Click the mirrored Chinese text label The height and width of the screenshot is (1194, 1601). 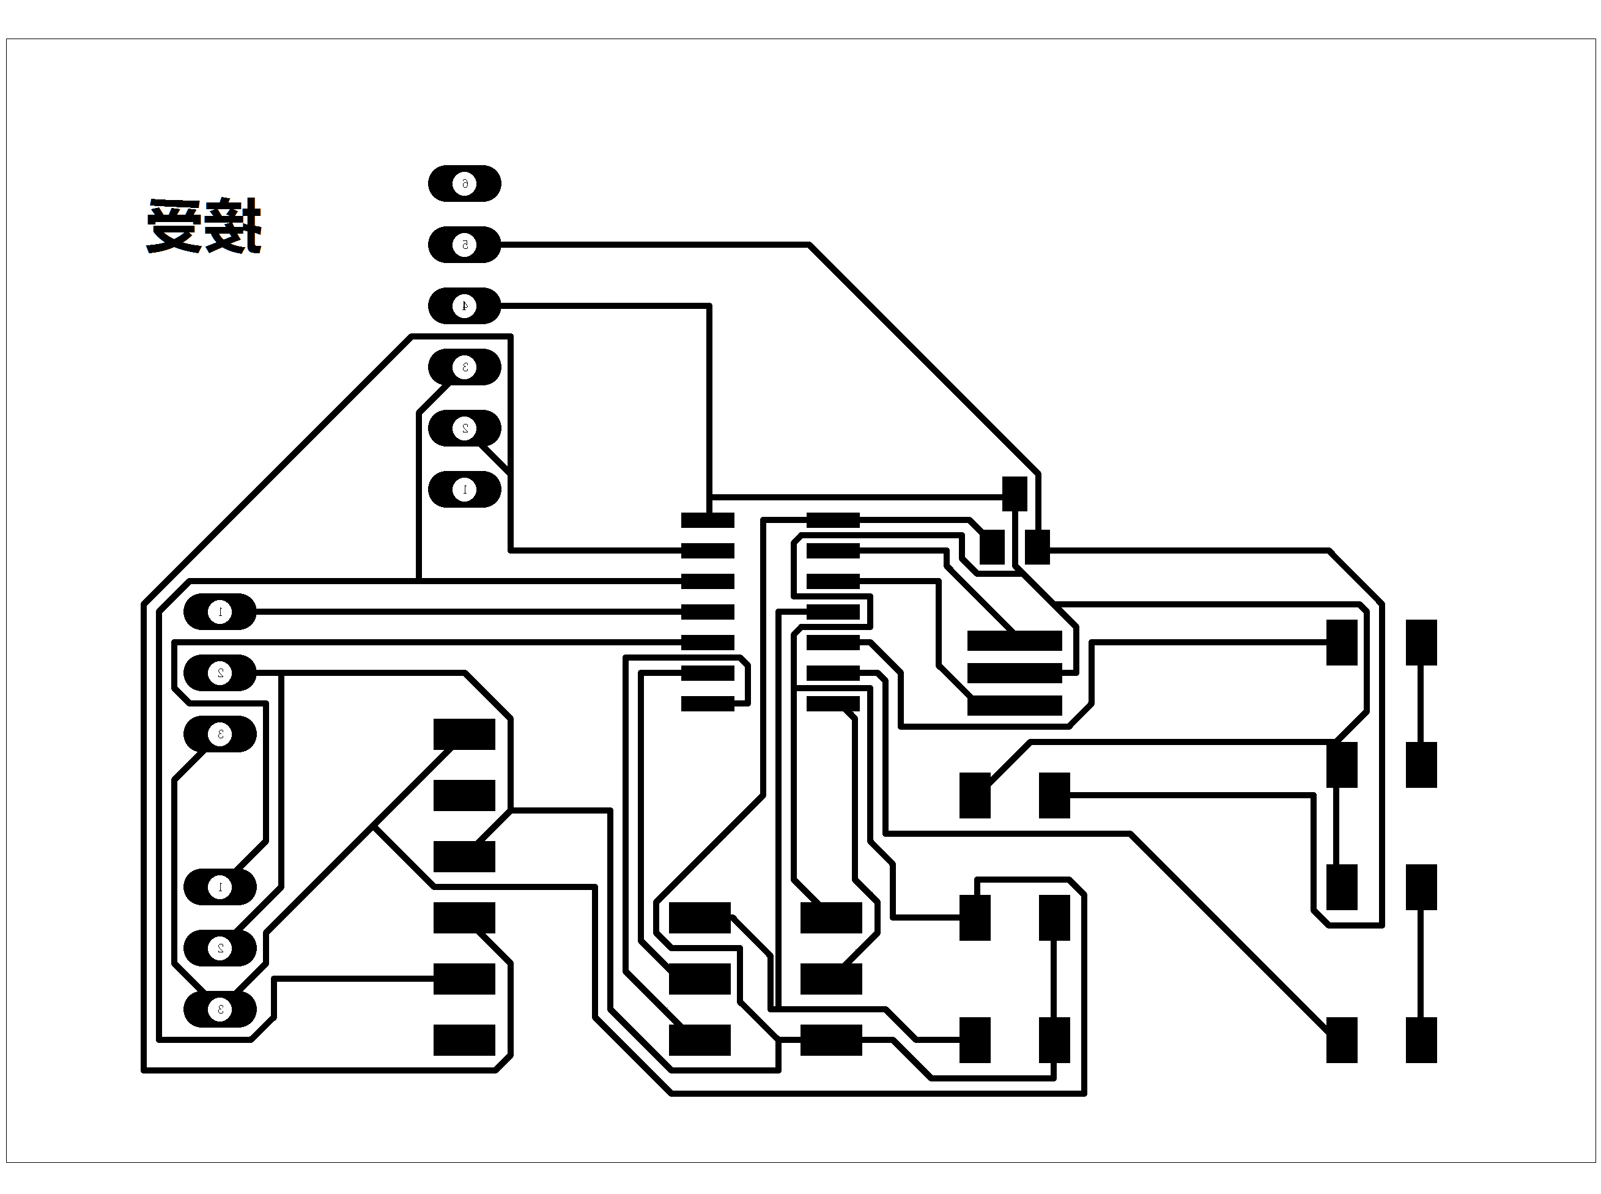pos(204,226)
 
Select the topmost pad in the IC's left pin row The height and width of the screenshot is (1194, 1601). pos(708,521)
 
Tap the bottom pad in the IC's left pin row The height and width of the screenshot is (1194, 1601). pos(708,703)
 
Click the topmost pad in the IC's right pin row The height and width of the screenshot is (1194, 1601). pos(833,521)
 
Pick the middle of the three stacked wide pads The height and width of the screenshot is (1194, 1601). pos(1015,673)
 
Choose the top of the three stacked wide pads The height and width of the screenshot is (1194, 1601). pos(1015,641)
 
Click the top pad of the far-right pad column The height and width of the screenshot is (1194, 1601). pos(1421,642)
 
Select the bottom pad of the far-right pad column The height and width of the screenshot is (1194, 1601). pos(1421,1040)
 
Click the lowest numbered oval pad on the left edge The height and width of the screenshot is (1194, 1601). pos(220,1010)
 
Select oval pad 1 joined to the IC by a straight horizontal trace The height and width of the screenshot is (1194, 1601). pos(220,612)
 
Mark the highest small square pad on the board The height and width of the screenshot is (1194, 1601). pos(1015,493)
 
